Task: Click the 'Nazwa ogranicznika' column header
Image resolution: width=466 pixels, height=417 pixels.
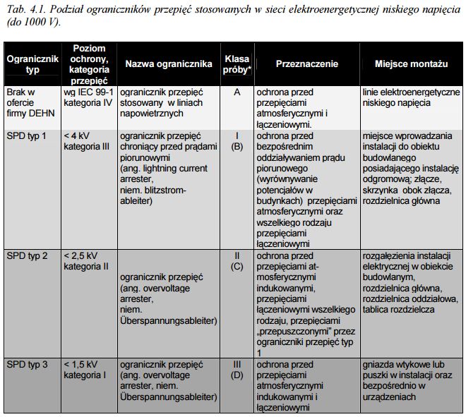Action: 168,64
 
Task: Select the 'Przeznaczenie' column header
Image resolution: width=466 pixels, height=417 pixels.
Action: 307,64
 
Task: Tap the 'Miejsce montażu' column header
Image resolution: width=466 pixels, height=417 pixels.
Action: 412,64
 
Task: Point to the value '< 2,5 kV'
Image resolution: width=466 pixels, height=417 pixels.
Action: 82,255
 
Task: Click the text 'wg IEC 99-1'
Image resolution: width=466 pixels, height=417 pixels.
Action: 88,92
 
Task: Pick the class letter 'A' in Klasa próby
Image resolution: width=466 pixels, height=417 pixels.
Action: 237,92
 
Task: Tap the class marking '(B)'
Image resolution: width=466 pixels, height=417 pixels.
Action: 237,146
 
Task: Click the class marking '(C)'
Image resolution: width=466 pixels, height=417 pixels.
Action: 237,266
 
